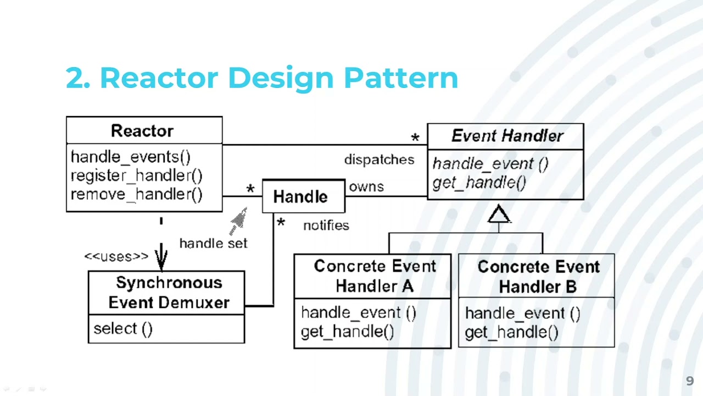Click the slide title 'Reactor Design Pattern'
pos(261,78)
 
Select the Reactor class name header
pos(142,131)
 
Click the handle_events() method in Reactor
pos(131,157)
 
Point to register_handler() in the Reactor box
pos(136,175)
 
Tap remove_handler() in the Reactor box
pos(136,194)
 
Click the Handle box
pos(300,196)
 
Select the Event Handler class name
pos(507,136)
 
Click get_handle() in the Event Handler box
pos(479,183)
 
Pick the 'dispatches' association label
pos(379,159)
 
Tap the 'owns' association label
pos(366,186)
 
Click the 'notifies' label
pos(326,226)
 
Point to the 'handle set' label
pos(213,243)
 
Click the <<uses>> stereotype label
pos(116,256)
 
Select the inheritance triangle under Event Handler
pos(499,215)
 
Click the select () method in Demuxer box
pos(123,329)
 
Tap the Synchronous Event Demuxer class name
pos(169,293)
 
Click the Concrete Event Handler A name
pos(375,276)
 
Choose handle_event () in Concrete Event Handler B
pos(522,313)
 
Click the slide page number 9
pos(690,381)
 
